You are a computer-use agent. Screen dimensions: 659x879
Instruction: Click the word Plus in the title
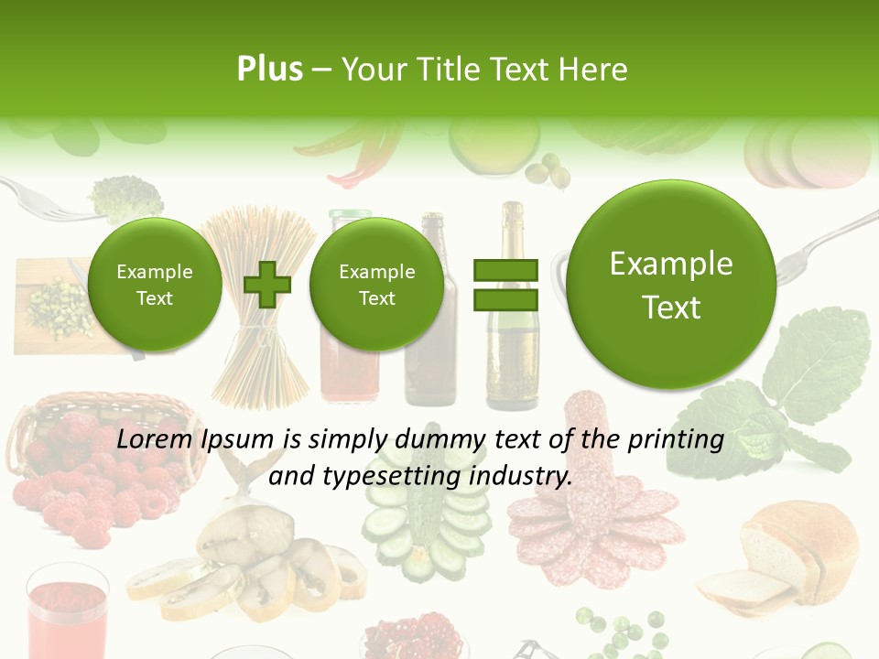(269, 70)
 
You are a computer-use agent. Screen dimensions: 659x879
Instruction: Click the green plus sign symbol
(267, 285)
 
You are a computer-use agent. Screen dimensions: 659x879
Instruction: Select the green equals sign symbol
(505, 285)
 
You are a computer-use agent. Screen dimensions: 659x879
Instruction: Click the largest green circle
(671, 285)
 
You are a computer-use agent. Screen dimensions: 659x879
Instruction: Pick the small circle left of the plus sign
(155, 285)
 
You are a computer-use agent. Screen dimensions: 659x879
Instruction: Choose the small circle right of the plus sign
(376, 285)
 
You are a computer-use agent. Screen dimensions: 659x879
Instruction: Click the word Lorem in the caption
(154, 440)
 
